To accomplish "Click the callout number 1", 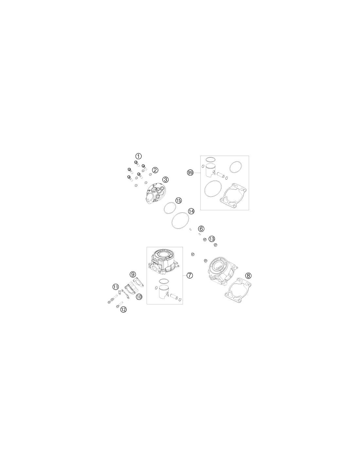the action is [x=138, y=156].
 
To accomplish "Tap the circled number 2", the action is [x=155, y=170].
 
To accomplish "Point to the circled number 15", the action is [x=178, y=200].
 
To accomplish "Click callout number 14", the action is [x=191, y=211].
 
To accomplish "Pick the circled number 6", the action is [x=201, y=229].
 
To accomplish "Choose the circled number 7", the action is [x=189, y=275].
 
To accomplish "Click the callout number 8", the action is [x=248, y=275].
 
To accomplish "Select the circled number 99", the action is [x=190, y=172].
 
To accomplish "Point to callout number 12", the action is [x=123, y=309].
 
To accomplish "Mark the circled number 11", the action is [x=116, y=286].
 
